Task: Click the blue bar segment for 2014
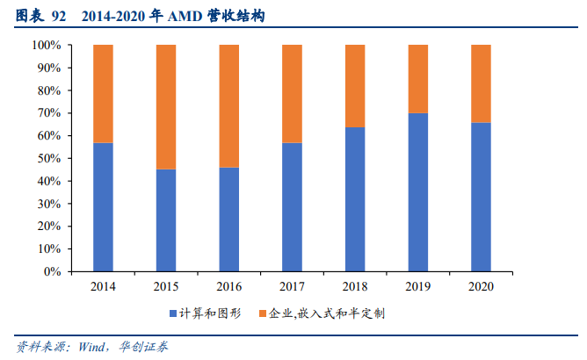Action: (x=103, y=207)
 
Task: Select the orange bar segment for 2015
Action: (x=166, y=106)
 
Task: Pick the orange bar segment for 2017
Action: (x=292, y=93)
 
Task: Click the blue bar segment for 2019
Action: (x=418, y=192)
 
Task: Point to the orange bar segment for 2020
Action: (x=481, y=83)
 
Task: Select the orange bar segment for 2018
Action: (x=355, y=86)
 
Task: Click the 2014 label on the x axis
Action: (x=103, y=286)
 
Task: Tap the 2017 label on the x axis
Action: (x=292, y=286)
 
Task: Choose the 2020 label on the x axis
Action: (x=481, y=286)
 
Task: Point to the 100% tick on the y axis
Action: (x=46, y=45)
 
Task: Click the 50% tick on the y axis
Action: (x=48, y=158)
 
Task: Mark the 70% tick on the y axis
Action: (x=48, y=113)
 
